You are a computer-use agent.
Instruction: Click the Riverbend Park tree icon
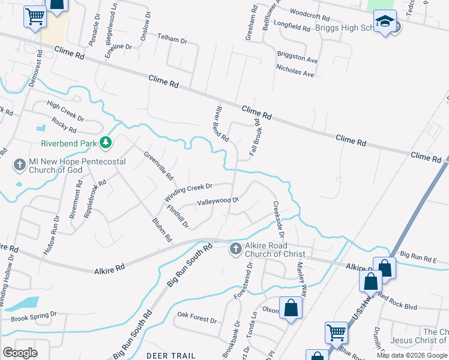click(106, 142)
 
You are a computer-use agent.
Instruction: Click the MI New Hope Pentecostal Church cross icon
click(20, 164)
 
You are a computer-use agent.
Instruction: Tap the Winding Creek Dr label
click(188, 193)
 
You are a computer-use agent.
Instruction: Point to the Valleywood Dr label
click(218, 202)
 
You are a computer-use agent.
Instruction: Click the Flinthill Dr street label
click(178, 217)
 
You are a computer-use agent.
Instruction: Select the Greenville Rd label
click(158, 166)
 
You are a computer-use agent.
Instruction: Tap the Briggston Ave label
click(297, 57)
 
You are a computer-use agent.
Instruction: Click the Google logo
click(20, 353)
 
